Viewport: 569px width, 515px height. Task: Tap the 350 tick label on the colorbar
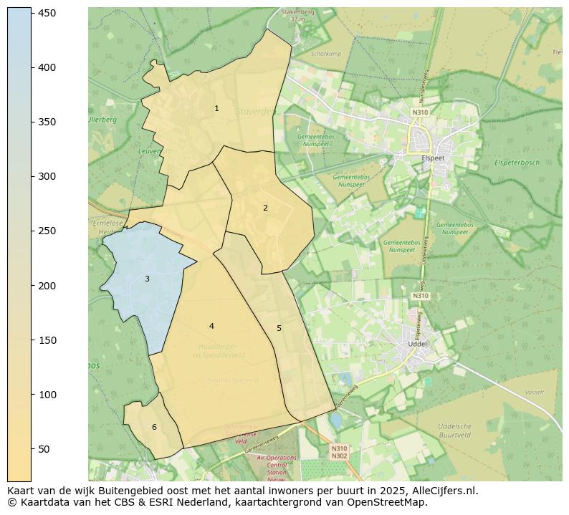click(x=47, y=122)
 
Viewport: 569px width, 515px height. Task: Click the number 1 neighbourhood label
click(x=216, y=108)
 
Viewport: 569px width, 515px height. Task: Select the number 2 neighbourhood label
click(x=265, y=208)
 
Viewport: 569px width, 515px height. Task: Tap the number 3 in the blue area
click(x=147, y=279)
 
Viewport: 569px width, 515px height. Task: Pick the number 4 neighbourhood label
click(x=211, y=326)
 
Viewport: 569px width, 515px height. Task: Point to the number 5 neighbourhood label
click(x=279, y=328)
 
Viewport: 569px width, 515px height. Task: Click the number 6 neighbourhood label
click(x=154, y=427)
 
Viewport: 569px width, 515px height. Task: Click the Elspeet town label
click(x=434, y=158)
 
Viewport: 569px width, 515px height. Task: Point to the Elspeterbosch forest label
click(x=516, y=163)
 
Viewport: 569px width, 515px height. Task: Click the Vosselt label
click(x=534, y=392)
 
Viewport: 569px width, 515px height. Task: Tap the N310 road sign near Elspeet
click(x=420, y=112)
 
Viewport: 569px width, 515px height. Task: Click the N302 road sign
click(x=340, y=456)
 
